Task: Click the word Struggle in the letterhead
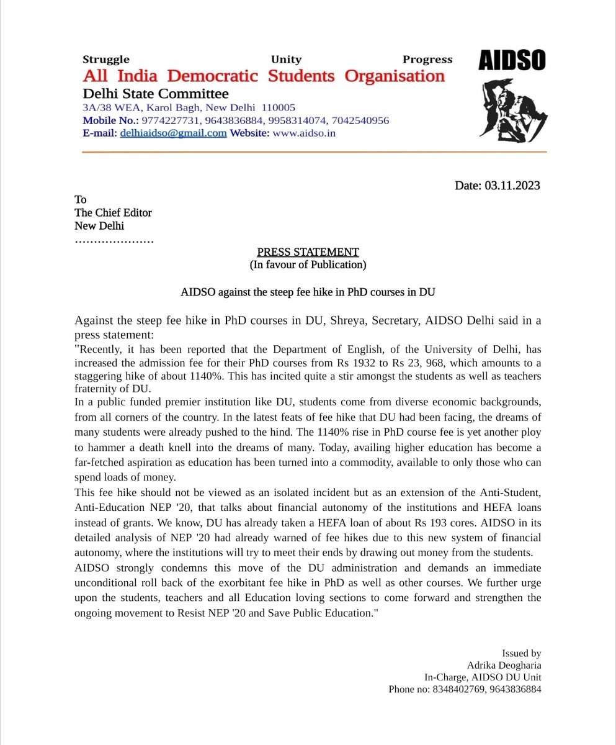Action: [106, 60]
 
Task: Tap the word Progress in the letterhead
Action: [427, 60]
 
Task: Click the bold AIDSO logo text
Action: [512, 61]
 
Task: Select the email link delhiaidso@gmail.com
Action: [173, 133]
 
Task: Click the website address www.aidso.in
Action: [304, 133]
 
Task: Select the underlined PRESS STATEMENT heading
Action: [308, 252]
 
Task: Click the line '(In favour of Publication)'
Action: [308, 265]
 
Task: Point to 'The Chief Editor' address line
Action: [113, 213]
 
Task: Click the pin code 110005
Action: [279, 107]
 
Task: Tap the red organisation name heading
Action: [264, 76]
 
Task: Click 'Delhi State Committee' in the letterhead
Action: [156, 94]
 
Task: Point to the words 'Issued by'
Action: [522, 653]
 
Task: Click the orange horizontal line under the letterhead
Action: [315, 151]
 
